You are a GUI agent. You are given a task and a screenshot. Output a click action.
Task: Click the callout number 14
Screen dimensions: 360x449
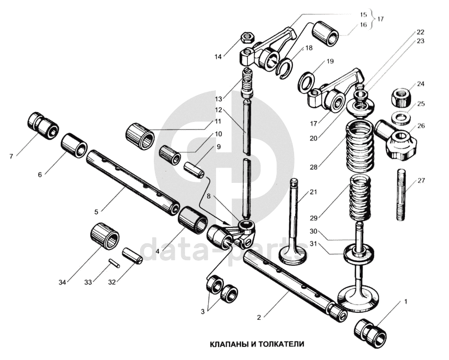click(x=219, y=56)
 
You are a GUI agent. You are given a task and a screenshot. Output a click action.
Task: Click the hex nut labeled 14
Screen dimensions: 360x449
click(x=246, y=38)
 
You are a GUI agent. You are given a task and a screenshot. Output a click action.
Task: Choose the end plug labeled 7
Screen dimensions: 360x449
click(x=44, y=123)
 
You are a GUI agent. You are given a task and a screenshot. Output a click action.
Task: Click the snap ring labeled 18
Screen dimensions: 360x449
click(x=284, y=68)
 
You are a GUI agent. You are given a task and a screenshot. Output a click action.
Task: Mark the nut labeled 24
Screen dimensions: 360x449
click(x=401, y=97)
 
